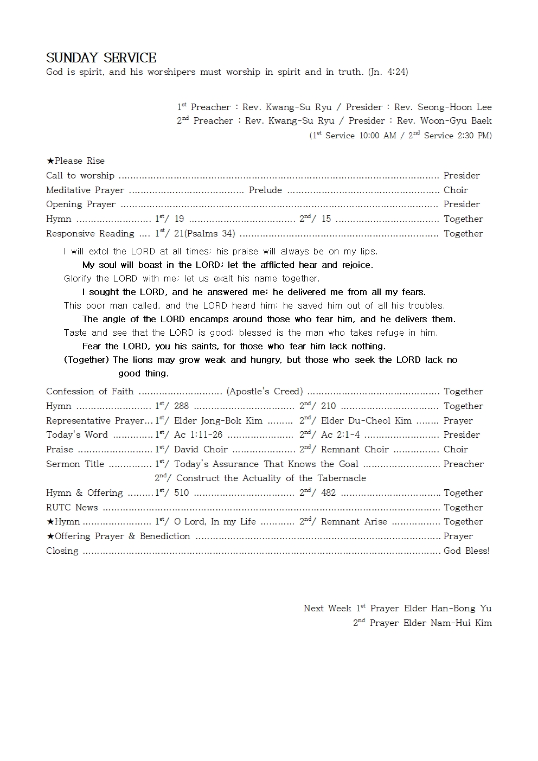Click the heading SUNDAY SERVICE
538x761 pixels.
click(x=101, y=58)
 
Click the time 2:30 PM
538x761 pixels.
click(x=471, y=136)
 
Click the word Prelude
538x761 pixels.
click(x=265, y=190)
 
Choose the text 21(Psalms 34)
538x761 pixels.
click(x=204, y=234)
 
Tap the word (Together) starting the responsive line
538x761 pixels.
click(x=87, y=360)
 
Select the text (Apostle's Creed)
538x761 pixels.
click(x=265, y=392)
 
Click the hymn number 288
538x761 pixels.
click(x=181, y=406)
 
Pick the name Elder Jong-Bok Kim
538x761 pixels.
click(x=218, y=421)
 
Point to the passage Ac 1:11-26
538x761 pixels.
click(x=198, y=435)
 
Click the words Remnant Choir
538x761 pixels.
click(x=355, y=450)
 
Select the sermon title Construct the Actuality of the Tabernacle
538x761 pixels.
click(x=271, y=478)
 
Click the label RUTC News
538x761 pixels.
click(x=72, y=508)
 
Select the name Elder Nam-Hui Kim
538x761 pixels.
click(x=447, y=623)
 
